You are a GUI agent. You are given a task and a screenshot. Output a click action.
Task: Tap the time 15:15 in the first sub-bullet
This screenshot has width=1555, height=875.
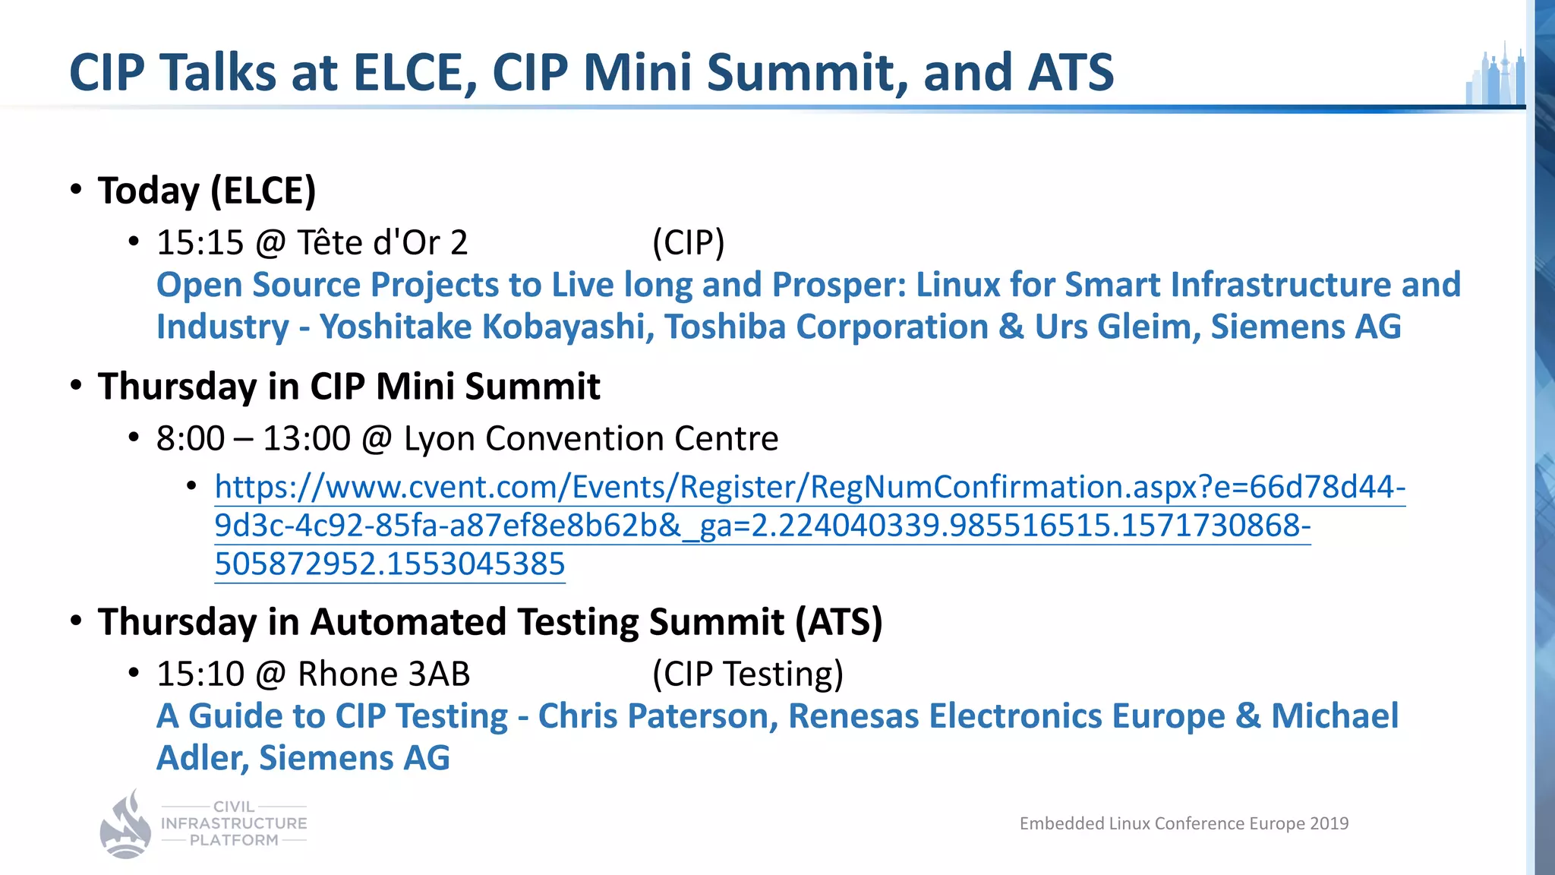(x=200, y=243)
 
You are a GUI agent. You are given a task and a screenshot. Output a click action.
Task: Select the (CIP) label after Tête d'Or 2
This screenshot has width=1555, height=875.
(x=688, y=243)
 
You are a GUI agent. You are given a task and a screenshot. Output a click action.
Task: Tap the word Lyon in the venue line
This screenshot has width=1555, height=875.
(x=439, y=438)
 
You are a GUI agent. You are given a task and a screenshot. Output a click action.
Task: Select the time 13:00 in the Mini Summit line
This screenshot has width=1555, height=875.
(x=307, y=438)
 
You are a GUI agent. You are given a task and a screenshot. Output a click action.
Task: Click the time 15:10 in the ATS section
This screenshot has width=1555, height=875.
(x=200, y=674)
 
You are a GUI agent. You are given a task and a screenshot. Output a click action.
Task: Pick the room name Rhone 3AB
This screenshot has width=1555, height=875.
(x=383, y=674)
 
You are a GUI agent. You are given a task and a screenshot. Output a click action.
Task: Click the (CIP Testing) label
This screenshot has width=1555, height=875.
(x=748, y=674)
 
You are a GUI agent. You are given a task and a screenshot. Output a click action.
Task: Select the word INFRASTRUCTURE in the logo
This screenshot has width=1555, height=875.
(x=234, y=823)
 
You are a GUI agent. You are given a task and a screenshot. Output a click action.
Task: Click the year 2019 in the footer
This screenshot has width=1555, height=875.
(x=1329, y=823)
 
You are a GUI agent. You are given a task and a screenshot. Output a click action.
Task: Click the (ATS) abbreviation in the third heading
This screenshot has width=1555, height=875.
(x=839, y=622)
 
